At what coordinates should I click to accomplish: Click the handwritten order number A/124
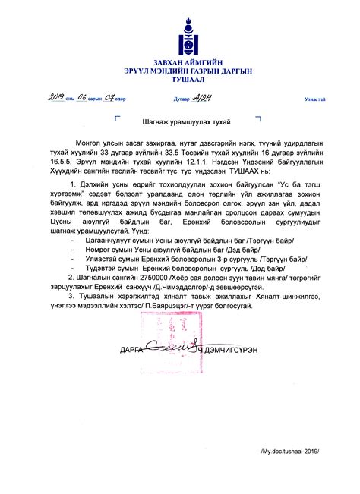tap(201, 98)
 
